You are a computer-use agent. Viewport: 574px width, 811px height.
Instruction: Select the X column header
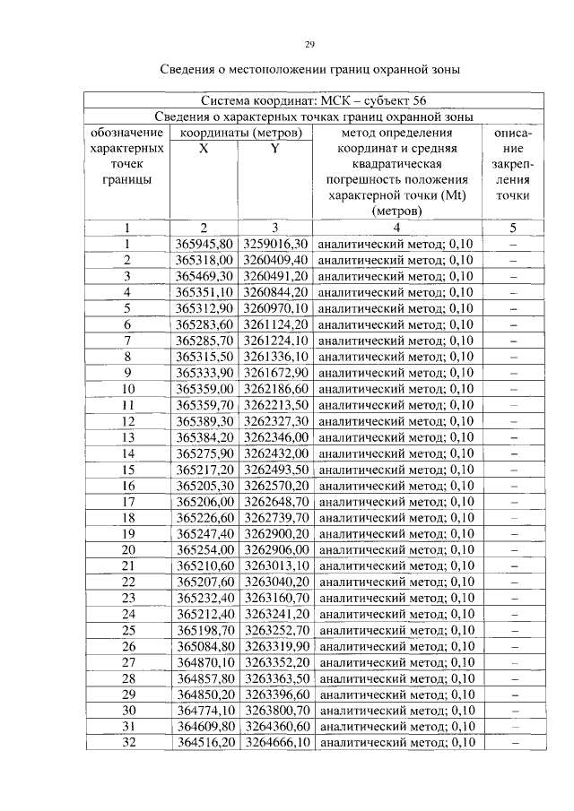(204, 150)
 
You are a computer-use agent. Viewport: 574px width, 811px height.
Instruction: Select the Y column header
(275, 150)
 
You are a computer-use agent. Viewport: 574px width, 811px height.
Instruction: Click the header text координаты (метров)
(239, 133)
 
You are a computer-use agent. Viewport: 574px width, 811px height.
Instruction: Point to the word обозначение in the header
(127, 133)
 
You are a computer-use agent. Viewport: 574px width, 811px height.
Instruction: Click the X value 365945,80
(204, 243)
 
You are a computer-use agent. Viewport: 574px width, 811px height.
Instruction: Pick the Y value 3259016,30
(275, 243)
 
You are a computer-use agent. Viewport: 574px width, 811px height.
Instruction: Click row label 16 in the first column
(127, 485)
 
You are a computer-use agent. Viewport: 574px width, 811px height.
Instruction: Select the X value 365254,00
(204, 549)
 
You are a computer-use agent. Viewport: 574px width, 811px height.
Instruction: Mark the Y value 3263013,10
(275, 565)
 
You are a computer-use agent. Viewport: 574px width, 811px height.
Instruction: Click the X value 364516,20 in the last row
(204, 743)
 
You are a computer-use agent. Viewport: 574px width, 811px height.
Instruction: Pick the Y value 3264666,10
(275, 743)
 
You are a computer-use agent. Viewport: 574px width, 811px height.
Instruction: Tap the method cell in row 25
(396, 630)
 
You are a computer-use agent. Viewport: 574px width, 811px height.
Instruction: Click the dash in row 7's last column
(514, 340)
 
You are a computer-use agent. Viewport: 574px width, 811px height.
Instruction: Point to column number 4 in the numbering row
(396, 227)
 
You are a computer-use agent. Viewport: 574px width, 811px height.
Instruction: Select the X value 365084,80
(204, 646)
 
